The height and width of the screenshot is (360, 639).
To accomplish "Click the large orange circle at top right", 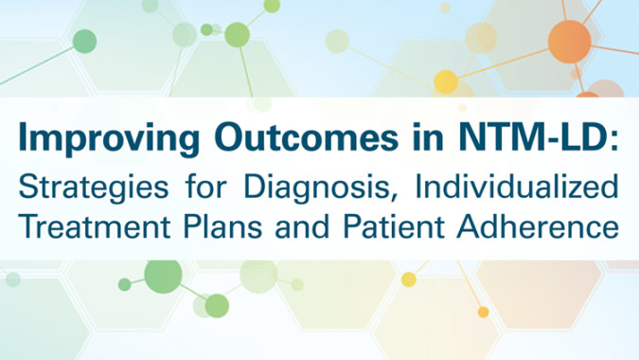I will coord(569,40).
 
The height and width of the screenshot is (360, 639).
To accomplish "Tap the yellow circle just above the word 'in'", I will coord(445,82).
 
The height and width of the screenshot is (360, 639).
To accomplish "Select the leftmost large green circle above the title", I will coord(84,42).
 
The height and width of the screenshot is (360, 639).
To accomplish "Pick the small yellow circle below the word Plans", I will coord(409,279).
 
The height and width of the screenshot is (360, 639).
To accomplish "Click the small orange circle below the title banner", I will coord(484,312).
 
